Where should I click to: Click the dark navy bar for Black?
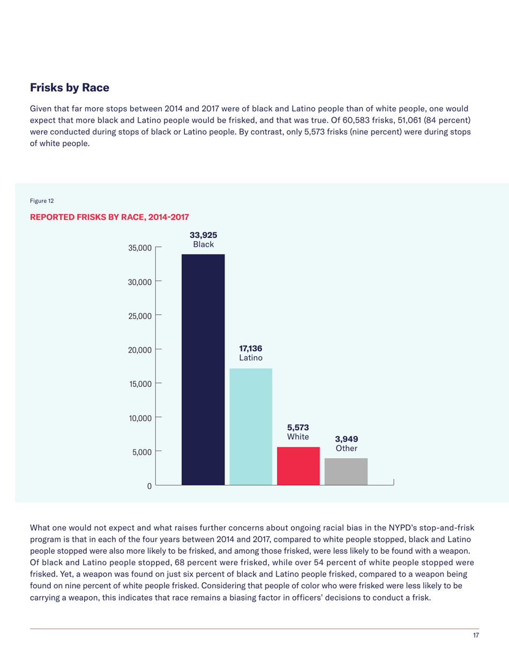pos(203,370)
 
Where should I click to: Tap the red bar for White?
pos(298,466)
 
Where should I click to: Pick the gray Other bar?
pos(346,471)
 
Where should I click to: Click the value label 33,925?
pos(203,235)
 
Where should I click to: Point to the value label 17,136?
pos(251,348)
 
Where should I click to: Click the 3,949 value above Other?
pos(346,439)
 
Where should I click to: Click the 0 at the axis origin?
pos(149,486)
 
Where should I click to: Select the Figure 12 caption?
pos(41,201)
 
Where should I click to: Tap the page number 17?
pos(475,635)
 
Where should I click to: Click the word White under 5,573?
pos(298,437)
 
